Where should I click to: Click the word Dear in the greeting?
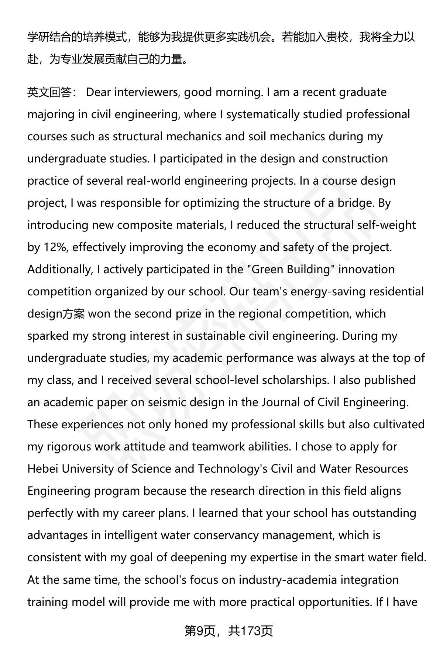tap(98, 92)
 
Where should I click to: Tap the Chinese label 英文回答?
tap(49, 92)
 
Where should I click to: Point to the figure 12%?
tap(55, 247)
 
